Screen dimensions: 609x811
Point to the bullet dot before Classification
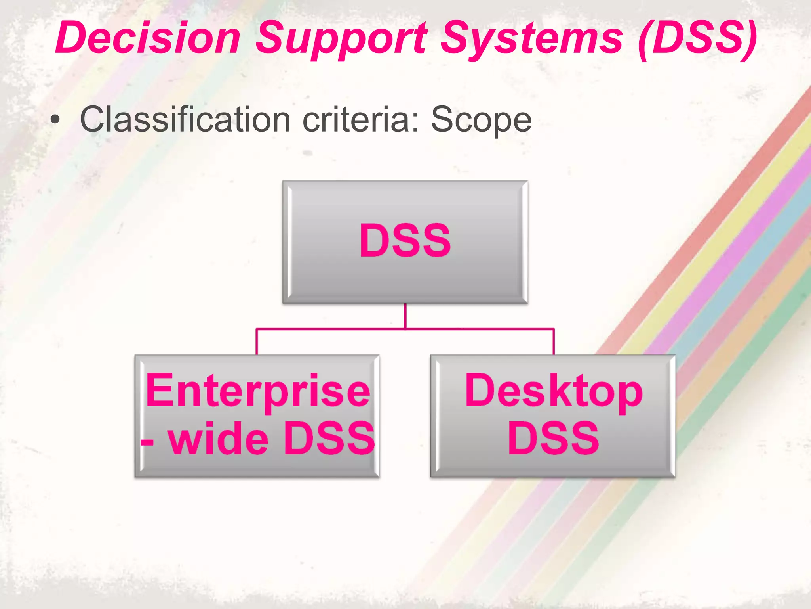click(x=56, y=120)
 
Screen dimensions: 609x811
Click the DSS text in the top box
click(x=405, y=240)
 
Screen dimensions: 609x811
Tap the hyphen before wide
click(x=147, y=441)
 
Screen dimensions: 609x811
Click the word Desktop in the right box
click(x=553, y=391)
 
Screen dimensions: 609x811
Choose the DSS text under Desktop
click(x=553, y=438)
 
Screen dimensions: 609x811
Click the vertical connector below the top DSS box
click(x=405, y=316)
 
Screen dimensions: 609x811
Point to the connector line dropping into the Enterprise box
click(x=257, y=342)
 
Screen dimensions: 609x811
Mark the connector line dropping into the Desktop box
click(x=553, y=342)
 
